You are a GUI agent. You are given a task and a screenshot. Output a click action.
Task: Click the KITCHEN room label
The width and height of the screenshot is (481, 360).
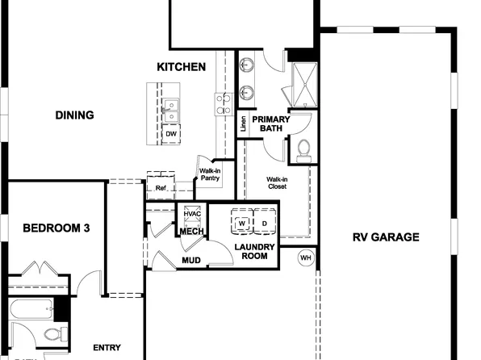pos(181,67)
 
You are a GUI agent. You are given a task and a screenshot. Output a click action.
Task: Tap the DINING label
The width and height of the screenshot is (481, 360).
pos(74,115)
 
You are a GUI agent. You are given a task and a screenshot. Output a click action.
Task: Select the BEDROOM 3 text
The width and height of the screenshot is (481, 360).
pos(56,228)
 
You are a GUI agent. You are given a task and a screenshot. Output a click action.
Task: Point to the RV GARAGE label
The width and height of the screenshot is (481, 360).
pos(386,237)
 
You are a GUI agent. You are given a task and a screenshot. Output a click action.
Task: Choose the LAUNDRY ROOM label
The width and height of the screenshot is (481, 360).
pos(255,252)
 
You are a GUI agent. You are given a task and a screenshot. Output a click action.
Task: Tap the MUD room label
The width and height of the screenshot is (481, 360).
pos(191,261)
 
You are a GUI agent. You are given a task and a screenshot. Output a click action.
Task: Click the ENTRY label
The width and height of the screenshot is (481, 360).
pos(107,348)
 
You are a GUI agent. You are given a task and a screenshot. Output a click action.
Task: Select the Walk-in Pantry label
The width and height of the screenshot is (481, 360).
pos(210,175)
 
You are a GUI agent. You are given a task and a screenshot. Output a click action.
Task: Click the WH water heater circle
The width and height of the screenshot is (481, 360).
pos(305,258)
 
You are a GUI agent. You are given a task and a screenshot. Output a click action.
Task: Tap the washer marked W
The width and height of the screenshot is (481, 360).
pos(241,223)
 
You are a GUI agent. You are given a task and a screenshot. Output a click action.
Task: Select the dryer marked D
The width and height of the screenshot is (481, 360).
pos(263,223)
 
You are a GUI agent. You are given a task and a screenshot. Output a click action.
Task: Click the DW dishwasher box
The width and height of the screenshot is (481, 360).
pos(171,134)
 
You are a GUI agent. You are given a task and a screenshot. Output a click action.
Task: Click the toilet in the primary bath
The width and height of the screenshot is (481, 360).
pos(303,149)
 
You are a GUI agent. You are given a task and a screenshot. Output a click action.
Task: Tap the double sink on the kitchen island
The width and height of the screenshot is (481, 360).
pos(170,107)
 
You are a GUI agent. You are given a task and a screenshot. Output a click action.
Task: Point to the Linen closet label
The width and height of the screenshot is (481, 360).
pos(243,125)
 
